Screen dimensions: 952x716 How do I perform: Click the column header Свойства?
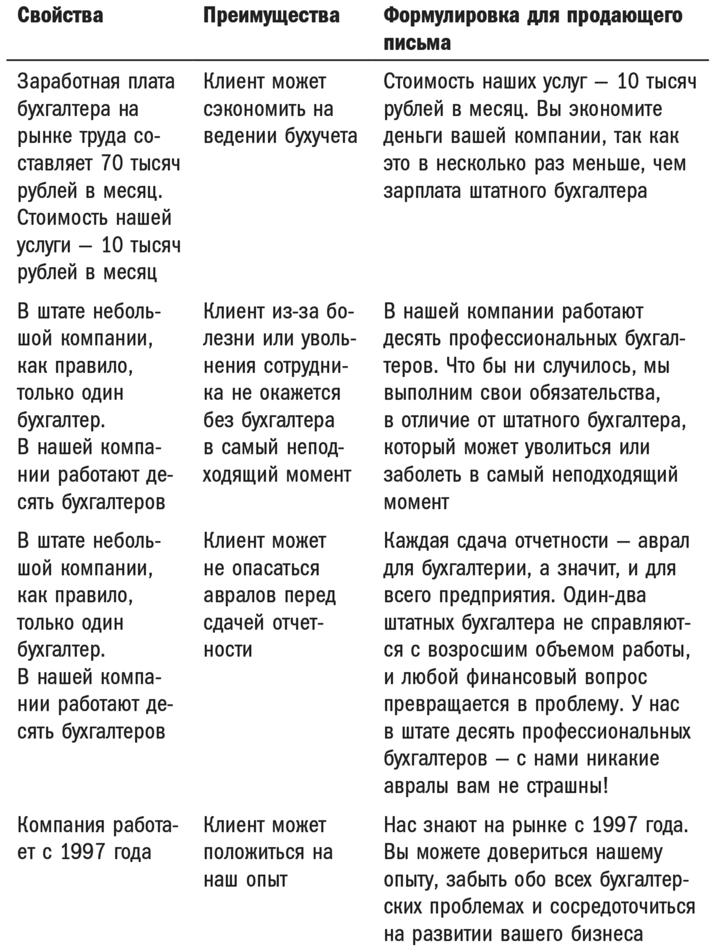60,16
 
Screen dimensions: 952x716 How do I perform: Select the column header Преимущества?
271,16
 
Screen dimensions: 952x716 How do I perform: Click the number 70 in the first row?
112,164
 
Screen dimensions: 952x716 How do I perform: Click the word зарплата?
422,191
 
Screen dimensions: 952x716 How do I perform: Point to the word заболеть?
423,475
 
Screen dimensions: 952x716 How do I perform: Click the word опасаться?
276,569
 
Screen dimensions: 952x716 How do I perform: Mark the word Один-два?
604,596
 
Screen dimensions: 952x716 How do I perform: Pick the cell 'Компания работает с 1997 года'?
97,839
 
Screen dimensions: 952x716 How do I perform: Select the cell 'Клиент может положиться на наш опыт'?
268,853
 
